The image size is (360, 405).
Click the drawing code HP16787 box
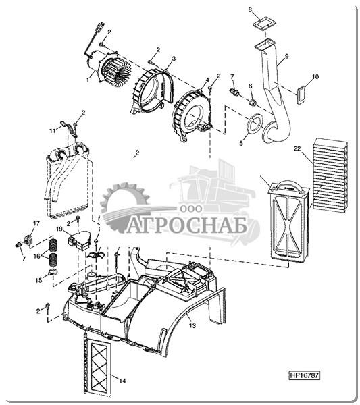point(304,375)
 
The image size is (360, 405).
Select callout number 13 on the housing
point(192,325)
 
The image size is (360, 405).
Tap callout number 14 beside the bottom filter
point(122,381)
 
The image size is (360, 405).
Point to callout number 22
point(297,148)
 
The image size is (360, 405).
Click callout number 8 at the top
point(250,10)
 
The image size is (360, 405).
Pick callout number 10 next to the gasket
point(315,76)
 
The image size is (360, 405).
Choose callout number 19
point(59,229)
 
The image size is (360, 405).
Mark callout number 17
point(36,223)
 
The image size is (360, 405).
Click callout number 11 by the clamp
point(53,131)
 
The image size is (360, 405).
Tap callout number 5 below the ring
point(241,143)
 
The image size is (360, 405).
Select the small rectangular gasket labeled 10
point(301,95)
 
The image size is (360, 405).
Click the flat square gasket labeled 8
point(263,24)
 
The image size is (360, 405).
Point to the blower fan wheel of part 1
point(115,69)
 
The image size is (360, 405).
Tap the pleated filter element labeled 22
point(330,175)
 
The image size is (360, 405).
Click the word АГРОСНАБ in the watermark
point(186,227)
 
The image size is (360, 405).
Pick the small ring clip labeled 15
point(53,271)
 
